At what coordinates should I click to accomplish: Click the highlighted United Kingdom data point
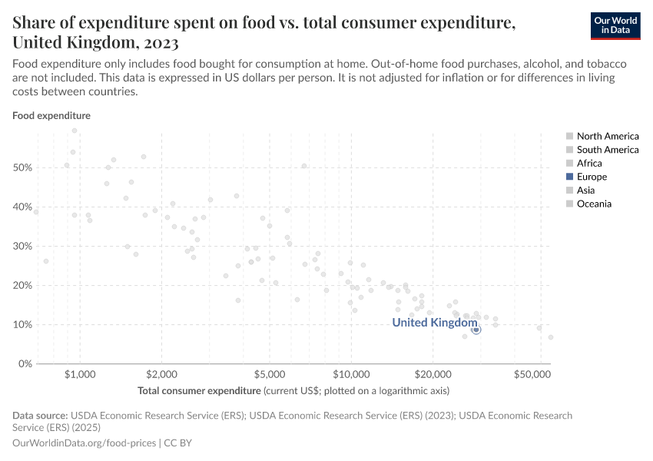476,330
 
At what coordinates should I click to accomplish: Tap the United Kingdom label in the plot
435,323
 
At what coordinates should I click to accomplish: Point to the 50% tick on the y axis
22,167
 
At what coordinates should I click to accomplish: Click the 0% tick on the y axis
25,363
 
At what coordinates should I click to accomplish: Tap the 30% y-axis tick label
22,246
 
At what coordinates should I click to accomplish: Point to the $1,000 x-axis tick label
80,375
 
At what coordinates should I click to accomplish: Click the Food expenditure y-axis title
51,116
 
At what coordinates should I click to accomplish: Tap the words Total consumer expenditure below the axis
199,390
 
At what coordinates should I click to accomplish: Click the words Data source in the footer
38,416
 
